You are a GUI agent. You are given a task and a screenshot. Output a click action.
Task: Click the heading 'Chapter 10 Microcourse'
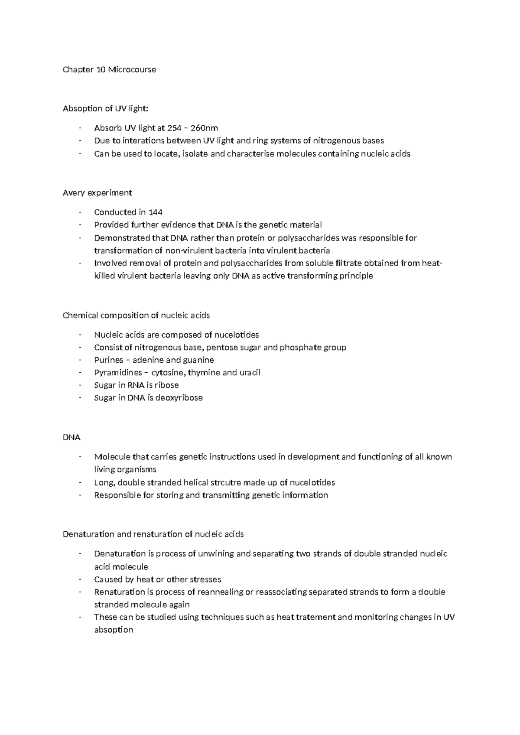click(109, 69)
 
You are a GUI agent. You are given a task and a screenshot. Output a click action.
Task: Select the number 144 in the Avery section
click(155, 212)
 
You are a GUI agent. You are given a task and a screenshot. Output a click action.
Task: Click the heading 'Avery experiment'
click(97, 192)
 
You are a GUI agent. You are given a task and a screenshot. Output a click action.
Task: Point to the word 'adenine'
click(147, 360)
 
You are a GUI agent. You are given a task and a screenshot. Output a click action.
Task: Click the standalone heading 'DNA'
click(71, 437)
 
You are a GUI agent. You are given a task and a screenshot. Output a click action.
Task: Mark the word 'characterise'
click(250, 153)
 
